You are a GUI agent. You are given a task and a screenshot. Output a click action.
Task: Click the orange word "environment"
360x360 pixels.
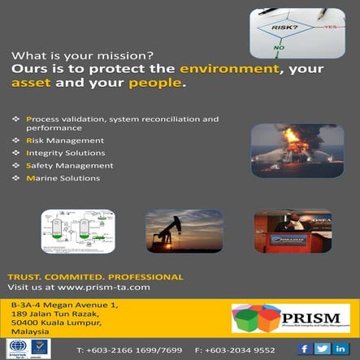(x=241, y=70)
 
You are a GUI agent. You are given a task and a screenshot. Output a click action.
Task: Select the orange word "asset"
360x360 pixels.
(x=30, y=84)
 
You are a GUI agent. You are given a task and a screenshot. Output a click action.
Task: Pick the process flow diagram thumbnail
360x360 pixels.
(x=77, y=231)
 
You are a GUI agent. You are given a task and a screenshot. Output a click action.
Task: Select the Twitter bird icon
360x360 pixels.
(x=323, y=348)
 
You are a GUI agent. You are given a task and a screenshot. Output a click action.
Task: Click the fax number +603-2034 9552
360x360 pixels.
(x=241, y=349)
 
